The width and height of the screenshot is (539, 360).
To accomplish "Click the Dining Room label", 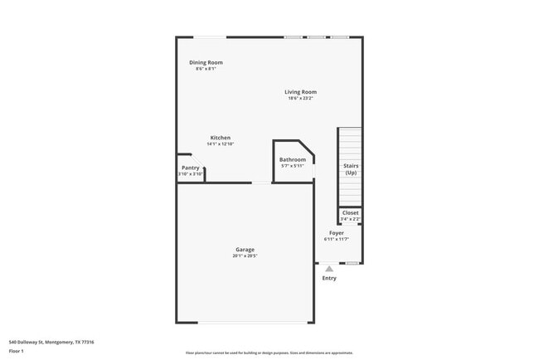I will coord(206,62).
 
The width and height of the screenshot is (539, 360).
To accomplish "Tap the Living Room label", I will coord(300,92).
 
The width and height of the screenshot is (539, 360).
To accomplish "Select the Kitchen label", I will coord(220,138).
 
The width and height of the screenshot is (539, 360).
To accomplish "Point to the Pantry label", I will coord(191,168).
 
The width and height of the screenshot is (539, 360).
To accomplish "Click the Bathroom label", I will coord(292,159).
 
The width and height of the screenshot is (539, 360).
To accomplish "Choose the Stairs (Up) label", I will coord(351,169).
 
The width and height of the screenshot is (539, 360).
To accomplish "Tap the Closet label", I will coord(351,212).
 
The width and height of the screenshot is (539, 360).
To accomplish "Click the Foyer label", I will coord(336,233).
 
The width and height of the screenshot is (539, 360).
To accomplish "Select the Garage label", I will coord(245,250).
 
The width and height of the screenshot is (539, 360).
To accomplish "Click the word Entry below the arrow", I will coord(329,278).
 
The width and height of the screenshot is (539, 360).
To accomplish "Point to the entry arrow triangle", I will coord(329,268).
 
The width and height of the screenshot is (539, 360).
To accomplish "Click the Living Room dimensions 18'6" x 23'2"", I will coord(300,99).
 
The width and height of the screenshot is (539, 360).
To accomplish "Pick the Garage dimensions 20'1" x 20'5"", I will coord(245,256).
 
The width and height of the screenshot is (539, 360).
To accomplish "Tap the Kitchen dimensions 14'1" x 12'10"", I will coord(220,144).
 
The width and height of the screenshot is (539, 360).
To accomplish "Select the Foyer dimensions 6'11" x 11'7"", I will coord(336,240).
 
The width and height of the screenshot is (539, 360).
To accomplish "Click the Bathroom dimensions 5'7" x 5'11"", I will coord(292,166).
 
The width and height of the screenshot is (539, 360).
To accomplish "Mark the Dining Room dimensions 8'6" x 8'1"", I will coord(206,69).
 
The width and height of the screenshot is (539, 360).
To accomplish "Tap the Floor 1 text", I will coord(17,352).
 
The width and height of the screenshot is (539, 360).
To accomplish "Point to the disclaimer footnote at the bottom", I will coord(269,353).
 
